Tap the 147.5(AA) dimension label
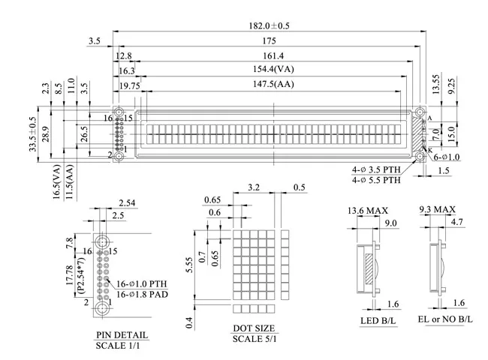270,85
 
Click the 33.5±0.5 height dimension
32,135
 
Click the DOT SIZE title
254,328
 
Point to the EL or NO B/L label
444,320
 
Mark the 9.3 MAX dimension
437,209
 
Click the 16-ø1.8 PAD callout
140,295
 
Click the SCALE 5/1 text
254,340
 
